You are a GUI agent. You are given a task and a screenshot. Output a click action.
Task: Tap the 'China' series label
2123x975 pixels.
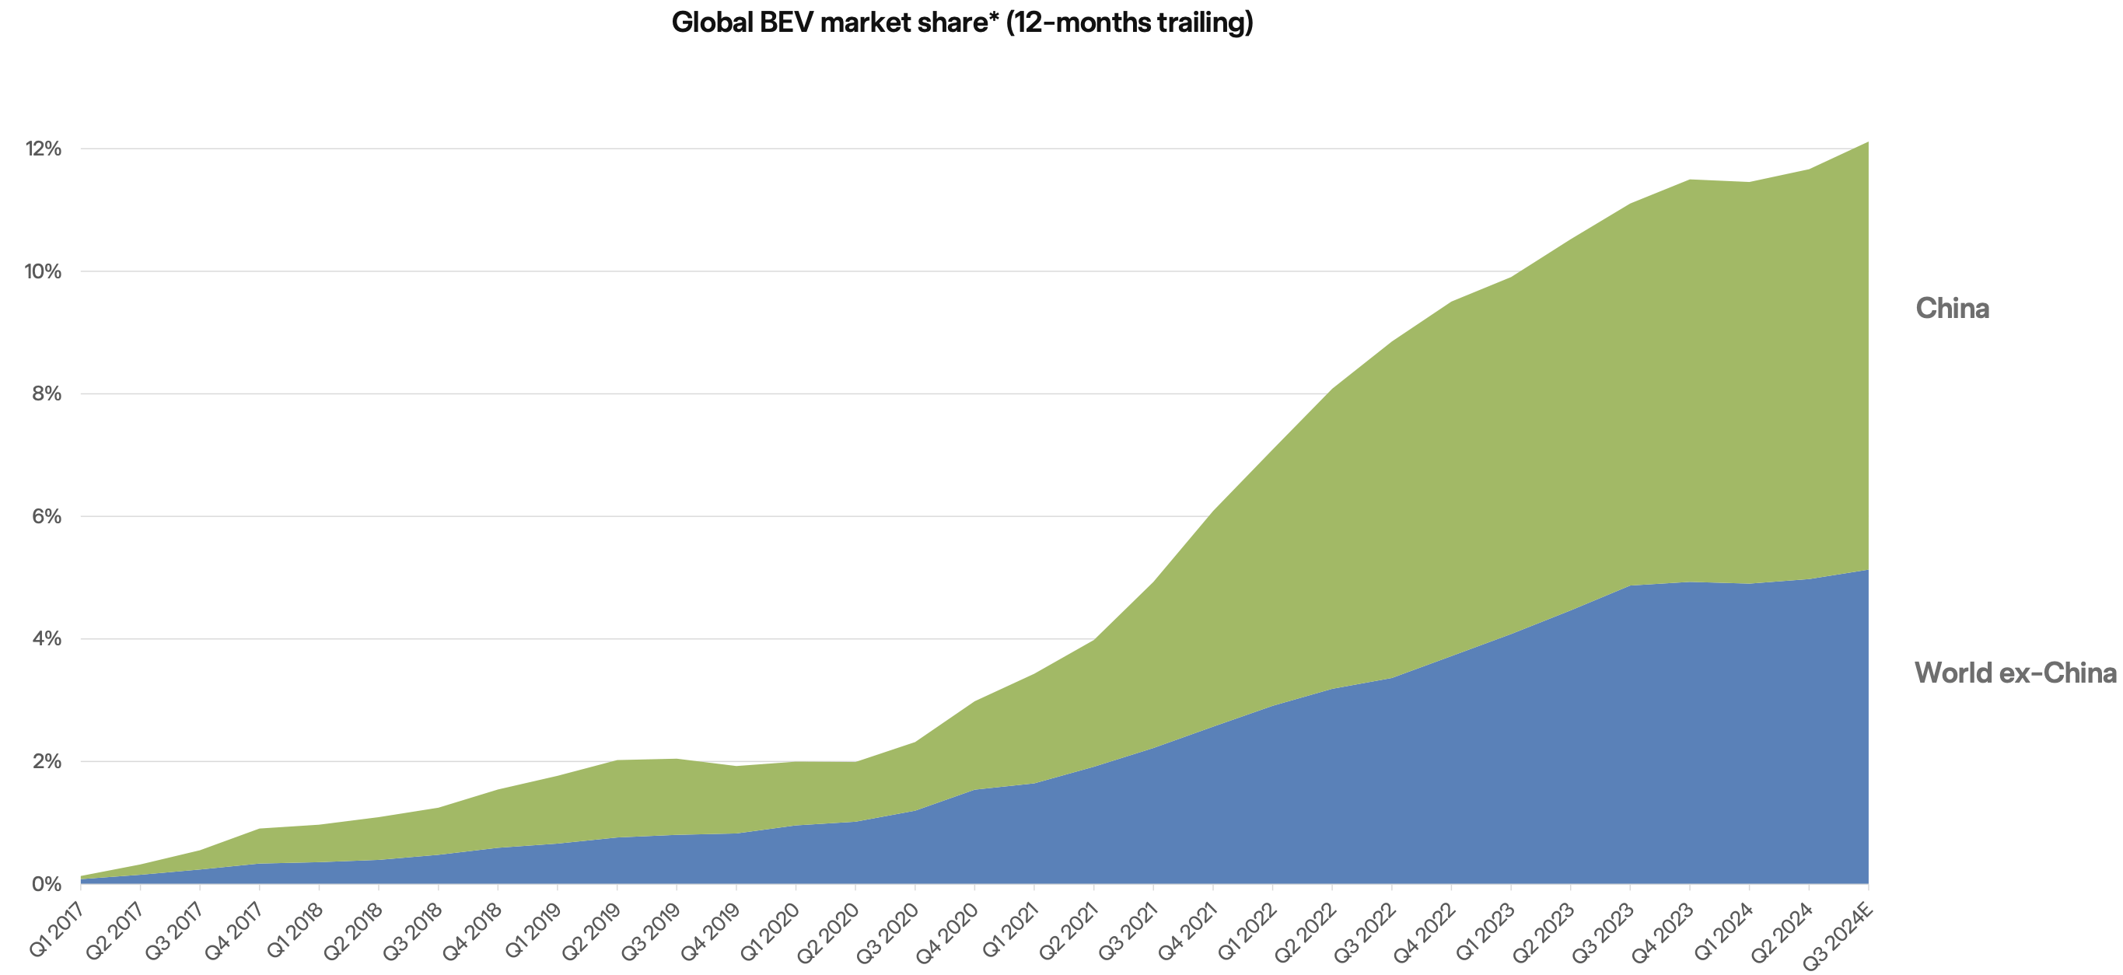[1952, 308]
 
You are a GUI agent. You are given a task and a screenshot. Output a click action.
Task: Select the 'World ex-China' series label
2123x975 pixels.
[2015, 673]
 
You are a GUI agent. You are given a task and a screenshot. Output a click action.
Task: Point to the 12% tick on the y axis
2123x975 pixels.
[44, 149]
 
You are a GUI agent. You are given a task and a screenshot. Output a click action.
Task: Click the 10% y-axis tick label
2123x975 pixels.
[44, 271]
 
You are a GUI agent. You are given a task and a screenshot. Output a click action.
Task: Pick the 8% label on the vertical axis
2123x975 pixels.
[46, 394]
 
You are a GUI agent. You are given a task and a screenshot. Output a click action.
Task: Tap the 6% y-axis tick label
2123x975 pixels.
[46, 517]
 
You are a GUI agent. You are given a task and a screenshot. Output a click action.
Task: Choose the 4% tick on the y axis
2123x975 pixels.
[46, 639]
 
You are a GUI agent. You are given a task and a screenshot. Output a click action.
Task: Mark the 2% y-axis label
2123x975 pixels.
[46, 761]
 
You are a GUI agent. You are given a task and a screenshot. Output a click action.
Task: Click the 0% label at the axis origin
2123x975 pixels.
[46, 884]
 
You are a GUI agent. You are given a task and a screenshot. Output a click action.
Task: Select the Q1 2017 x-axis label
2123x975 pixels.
[56, 929]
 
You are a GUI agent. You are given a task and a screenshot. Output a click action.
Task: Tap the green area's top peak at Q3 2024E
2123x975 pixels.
[1867, 143]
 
